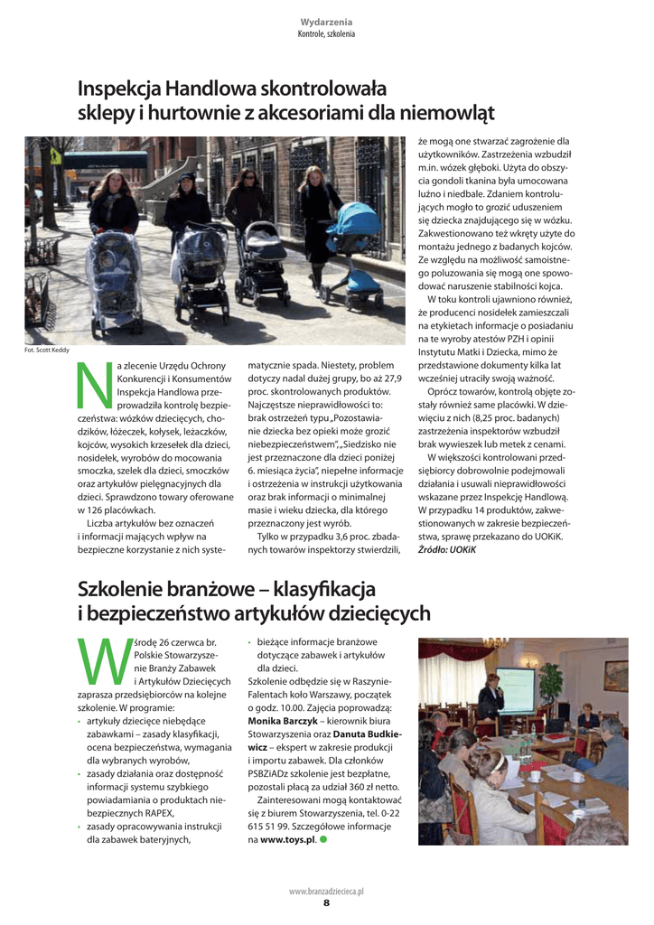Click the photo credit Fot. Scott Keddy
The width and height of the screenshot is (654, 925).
(x=46, y=350)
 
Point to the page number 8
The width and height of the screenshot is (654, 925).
(x=326, y=902)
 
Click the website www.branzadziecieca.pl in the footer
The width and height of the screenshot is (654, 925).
(x=326, y=891)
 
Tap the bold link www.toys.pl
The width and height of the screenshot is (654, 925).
(x=287, y=839)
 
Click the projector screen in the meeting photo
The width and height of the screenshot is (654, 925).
(x=514, y=689)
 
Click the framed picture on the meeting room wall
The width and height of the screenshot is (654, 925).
(x=616, y=676)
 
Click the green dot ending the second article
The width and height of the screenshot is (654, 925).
(x=323, y=839)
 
